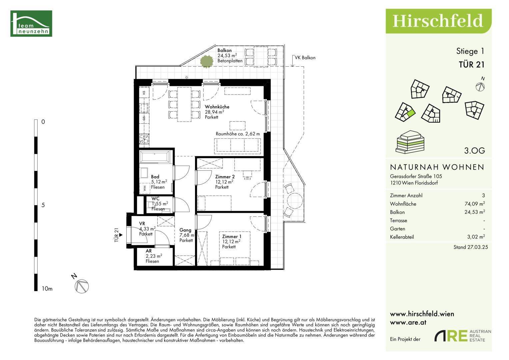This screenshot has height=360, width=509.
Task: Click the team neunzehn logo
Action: [x=31, y=23]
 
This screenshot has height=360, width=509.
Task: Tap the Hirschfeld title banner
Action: [x=438, y=21]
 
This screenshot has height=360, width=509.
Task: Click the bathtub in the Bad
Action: [x=155, y=157]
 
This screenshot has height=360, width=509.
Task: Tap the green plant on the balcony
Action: [x=207, y=61]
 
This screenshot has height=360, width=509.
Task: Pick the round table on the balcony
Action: [x=295, y=201]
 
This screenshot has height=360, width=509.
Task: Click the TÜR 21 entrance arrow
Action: [x=121, y=235]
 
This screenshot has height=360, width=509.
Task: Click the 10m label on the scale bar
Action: [x=47, y=289]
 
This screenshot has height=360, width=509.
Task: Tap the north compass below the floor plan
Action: [x=82, y=286]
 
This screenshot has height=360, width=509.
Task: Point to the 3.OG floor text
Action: [x=474, y=151]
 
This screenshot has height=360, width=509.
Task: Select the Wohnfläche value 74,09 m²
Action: [x=474, y=204]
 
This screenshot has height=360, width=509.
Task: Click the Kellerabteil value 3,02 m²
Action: [x=476, y=237]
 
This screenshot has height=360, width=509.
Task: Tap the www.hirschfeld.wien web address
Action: [x=422, y=314]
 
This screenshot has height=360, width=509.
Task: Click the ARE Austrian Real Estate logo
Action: [x=463, y=336]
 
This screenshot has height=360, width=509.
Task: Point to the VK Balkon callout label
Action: [x=305, y=58]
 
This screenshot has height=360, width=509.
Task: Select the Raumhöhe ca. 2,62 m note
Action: [x=238, y=134]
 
